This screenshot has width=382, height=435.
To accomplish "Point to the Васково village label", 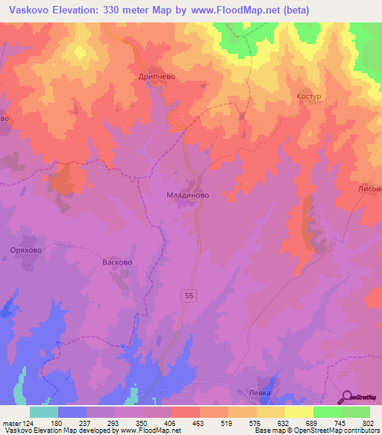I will pyautogui.click(x=116, y=263).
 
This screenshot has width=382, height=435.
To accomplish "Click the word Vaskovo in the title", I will pyautogui.click(x=31, y=10).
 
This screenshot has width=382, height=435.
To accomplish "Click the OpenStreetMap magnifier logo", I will pyautogui.click(x=348, y=397).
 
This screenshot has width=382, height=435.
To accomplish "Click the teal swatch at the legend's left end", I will pyautogui.click(x=43, y=412).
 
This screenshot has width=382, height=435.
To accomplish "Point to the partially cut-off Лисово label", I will pyautogui.click(x=370, y=189).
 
